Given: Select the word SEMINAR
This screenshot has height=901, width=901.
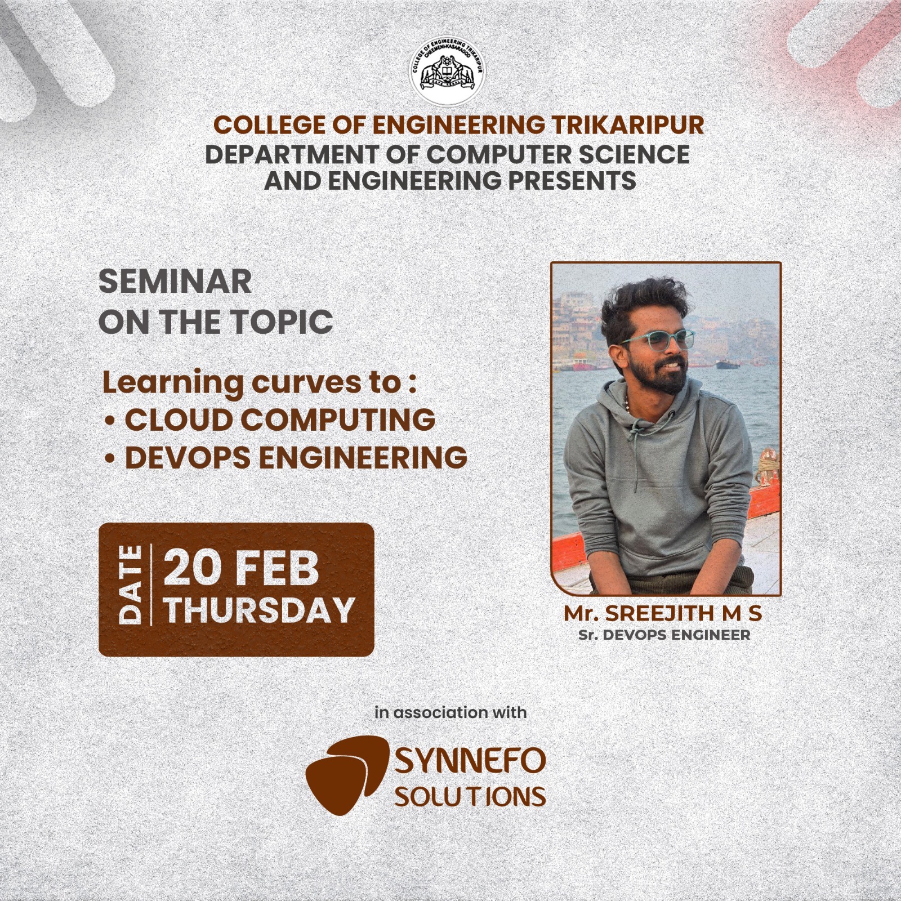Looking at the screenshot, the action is [175, 282].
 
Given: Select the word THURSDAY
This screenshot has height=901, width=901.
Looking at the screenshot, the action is [260, 610].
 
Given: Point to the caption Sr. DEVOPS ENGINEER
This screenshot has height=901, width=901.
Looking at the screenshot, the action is [664, 635].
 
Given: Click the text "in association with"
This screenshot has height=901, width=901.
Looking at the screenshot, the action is [450, 712].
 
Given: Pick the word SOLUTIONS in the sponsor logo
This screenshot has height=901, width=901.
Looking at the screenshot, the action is [471, 796].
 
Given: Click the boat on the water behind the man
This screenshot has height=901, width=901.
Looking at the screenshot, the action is [728, 364].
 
